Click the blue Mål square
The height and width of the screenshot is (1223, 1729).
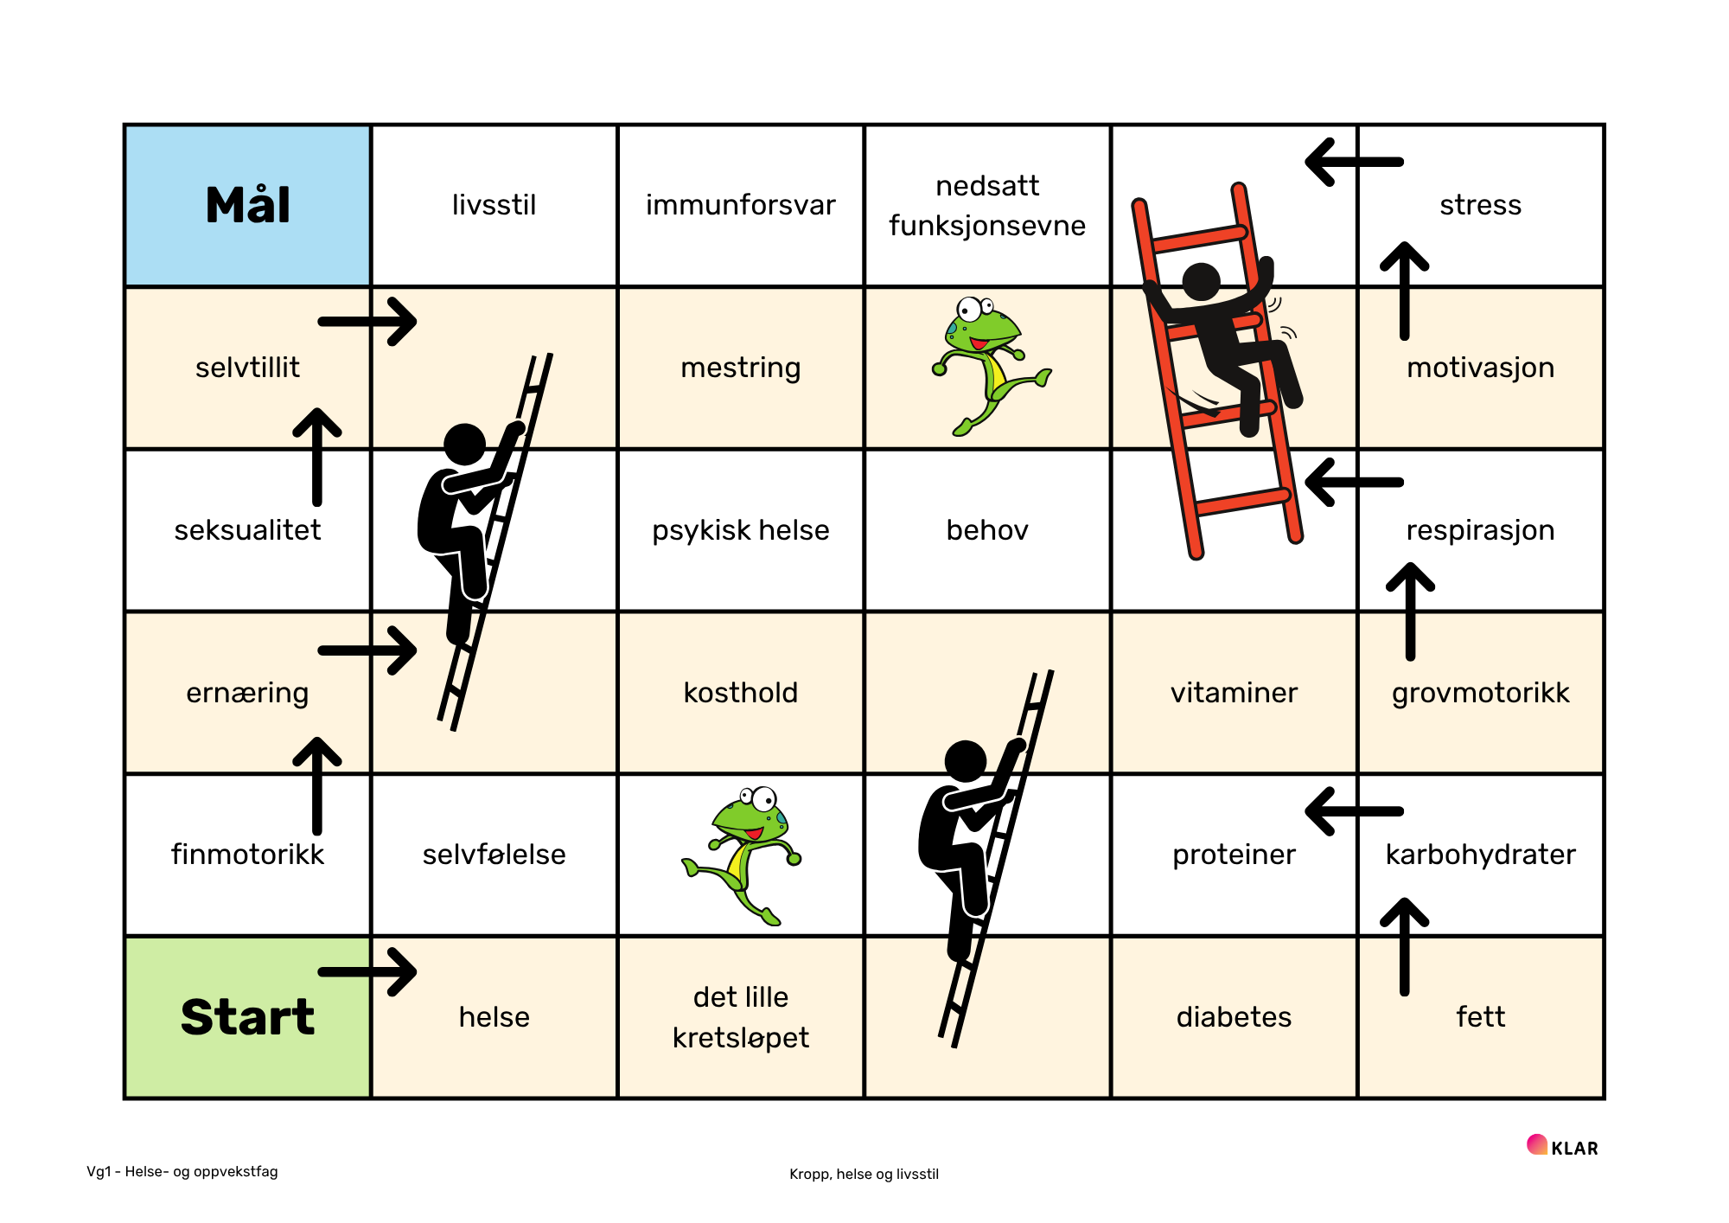pos(248,206)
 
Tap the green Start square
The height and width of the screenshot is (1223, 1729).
pos(248,1017)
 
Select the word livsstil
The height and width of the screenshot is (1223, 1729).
pos(494,205)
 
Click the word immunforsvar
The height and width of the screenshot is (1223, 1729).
pos(741,205)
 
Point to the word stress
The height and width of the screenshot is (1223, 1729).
pos(1480,205)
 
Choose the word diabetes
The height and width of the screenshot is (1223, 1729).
pos(1234,1016)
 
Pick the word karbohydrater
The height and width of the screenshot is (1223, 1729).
pos(1480,854)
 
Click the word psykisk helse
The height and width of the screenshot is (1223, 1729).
pos(741,529)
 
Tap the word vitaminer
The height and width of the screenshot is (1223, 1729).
pos(1234,692)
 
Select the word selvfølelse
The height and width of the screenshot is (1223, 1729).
pos(494,854)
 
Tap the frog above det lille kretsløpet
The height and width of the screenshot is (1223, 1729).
pos(742,855)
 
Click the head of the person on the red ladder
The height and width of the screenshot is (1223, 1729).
pos(1201,282)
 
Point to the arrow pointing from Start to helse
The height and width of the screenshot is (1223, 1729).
pos(367,972)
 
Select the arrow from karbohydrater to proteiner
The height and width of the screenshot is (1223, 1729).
pos(1354,811)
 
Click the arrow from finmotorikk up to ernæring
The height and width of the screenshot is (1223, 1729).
pos(317,786)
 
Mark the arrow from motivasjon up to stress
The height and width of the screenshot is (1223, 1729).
pos(1405,291)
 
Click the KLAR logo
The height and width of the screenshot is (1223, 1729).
pos(1562,1147)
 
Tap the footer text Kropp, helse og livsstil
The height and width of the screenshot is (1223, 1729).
pos(864,1174)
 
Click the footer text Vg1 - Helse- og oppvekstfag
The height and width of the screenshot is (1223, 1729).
pos(182,1171)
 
